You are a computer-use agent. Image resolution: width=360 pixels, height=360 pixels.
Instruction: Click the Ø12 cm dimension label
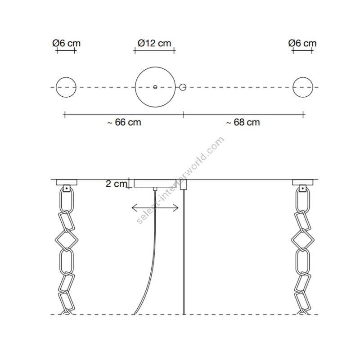tap(154, 43)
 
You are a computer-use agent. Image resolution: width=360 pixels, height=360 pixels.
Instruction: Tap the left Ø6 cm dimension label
tap(66, 43)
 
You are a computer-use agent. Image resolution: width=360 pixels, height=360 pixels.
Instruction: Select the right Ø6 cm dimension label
tap(302, 43)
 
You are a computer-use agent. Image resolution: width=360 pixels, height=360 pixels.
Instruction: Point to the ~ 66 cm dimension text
tap(124, 122)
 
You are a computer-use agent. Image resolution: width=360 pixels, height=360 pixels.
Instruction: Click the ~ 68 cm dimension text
tap(243, 122)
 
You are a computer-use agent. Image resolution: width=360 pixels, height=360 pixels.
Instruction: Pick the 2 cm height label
tap(116, 184)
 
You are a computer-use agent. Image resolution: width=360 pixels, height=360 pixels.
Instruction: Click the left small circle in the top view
tap(66, 77)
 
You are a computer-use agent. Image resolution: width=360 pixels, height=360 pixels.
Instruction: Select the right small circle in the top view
tap(303, 77)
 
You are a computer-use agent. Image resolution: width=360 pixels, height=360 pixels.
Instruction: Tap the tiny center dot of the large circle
tap(155, 87)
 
